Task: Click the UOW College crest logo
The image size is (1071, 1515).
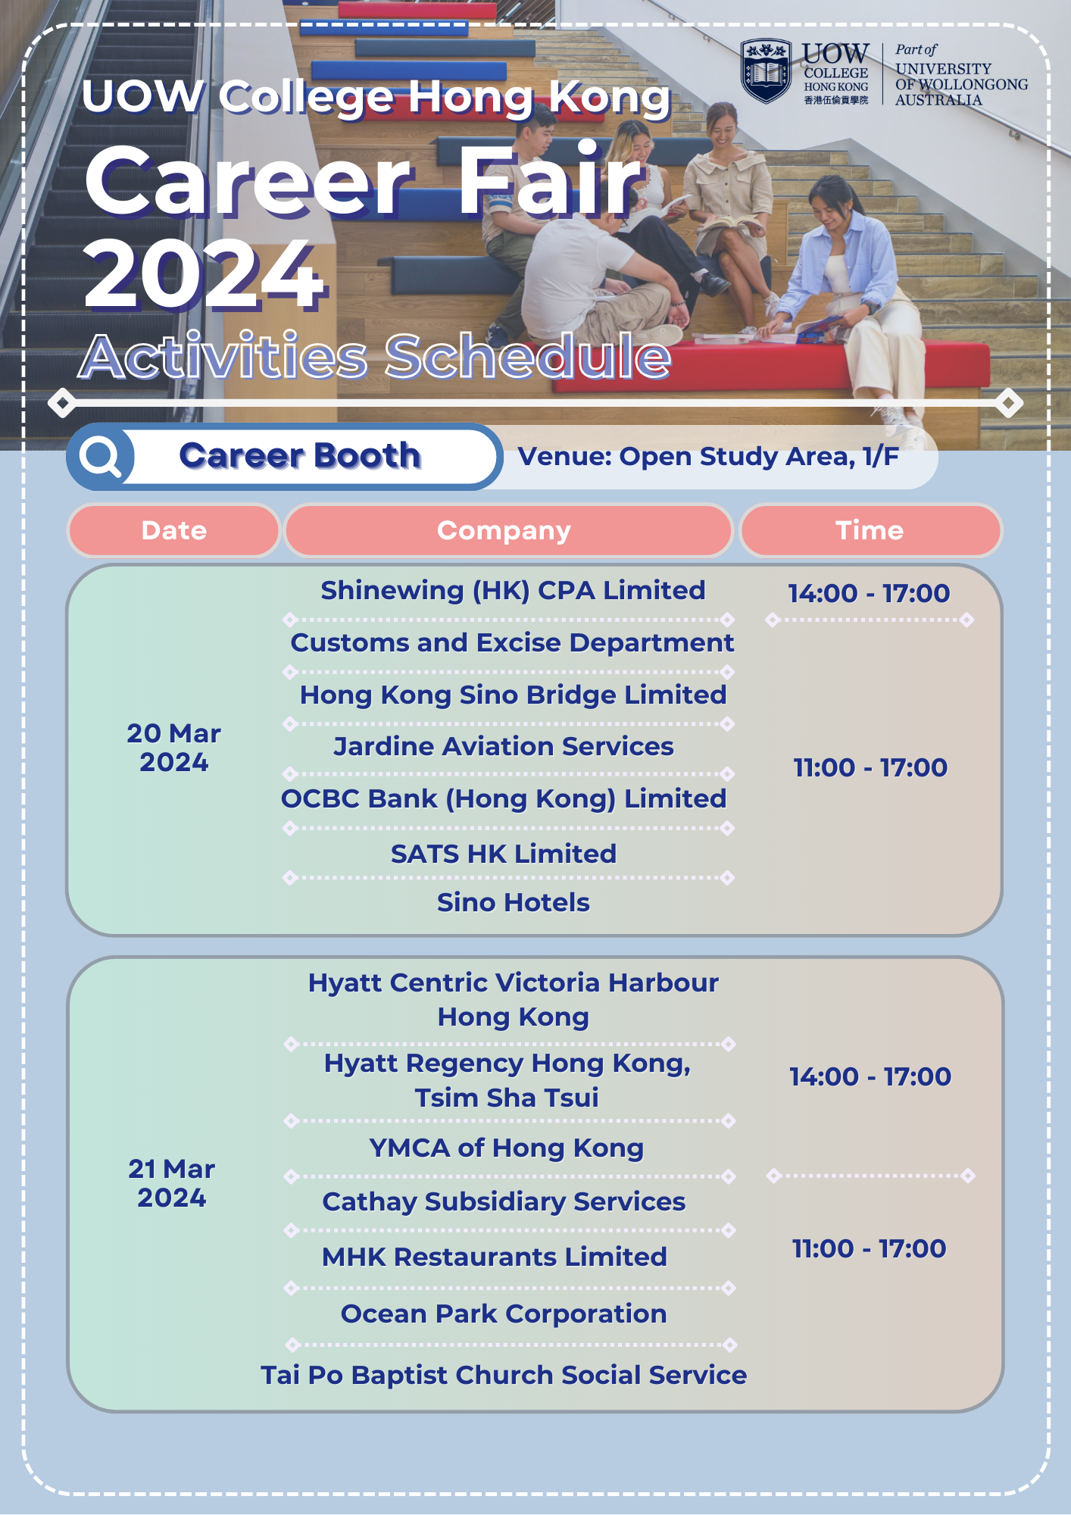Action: point(766,71)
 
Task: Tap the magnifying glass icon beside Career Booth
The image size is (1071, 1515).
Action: point(101,457)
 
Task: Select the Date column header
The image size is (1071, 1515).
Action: point(174,530)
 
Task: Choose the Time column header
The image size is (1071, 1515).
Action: point(870,530)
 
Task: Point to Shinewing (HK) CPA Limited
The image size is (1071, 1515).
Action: point(513,590)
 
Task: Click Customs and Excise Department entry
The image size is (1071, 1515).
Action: point(512,642)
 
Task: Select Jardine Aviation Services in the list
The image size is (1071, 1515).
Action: point(504,746)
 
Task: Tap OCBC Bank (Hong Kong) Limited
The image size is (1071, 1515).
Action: point(504,799)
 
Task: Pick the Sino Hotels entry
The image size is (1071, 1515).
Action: point(513,902)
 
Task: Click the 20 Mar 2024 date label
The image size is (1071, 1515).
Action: point(173,748)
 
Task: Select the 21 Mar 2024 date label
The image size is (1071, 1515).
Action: point(172,1183)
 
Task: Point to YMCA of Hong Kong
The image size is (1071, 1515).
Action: point(507,1148)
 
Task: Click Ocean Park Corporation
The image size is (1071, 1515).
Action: point(504,1314)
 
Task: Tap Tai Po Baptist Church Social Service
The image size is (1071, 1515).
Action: point(504,1375)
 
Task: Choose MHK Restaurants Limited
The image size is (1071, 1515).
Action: point(495,1257)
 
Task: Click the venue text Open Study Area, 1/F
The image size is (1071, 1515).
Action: point(759,456)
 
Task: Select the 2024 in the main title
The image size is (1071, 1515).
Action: point(205,274)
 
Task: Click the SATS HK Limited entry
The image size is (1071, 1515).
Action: point(504,854)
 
